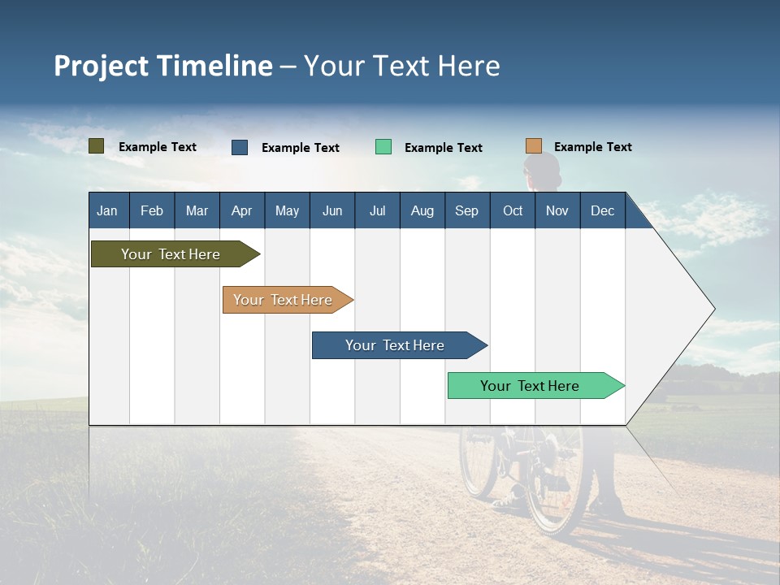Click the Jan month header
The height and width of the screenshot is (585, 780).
point(107,210)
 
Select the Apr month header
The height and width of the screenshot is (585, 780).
point(241,210)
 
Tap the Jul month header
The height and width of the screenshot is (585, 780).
point(377,210)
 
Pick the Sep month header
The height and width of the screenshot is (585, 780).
point(466,210)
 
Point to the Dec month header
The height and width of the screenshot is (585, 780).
point(602,210)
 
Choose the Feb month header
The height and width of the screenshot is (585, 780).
point(152,210)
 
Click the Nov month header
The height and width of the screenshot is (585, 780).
point(557,210)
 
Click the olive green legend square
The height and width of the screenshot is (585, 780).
point(97,146)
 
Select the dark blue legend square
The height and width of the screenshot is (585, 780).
point(240,147)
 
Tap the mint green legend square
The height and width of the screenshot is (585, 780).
point(383,147)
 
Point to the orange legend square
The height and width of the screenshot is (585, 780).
point(534,146)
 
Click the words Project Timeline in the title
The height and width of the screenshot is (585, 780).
point(163,66)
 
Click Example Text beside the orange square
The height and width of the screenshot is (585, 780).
point(592,147)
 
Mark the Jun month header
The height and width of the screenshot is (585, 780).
point(332,210)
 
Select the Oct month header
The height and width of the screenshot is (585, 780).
point(513,210)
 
